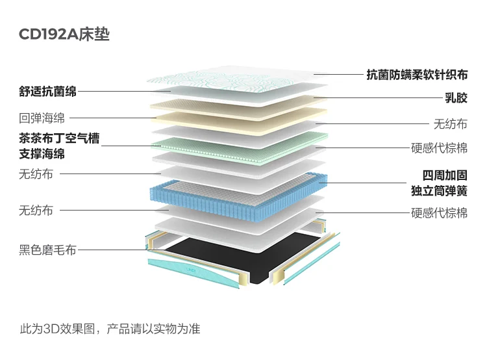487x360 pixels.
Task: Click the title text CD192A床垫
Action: coord(64,34)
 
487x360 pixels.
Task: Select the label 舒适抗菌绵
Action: coord(47,92)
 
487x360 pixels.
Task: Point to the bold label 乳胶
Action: coord(456,99)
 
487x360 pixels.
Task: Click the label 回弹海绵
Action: coord(42,118)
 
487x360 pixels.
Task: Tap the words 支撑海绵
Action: coord(42,155)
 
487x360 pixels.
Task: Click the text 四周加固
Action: coord(445,176)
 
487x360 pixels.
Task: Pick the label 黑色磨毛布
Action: coord(47,250)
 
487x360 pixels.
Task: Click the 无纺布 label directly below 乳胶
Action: coord(450,123)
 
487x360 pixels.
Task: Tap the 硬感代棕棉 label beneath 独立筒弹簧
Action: coord(439,212)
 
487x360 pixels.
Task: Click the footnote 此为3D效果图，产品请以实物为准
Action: coord(110,329)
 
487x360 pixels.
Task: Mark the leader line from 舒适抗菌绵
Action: coord(123,92)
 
